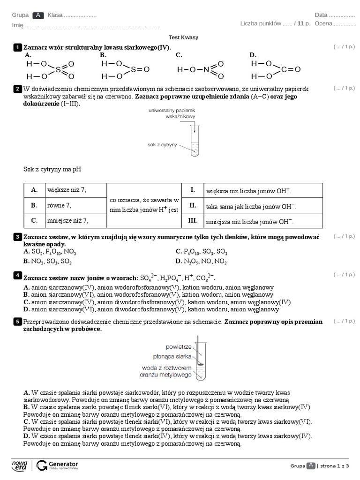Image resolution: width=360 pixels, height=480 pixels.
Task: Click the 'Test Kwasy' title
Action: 180,37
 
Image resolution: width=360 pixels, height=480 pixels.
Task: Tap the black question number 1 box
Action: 17,47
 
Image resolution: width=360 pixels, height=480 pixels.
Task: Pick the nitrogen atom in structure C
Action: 206,69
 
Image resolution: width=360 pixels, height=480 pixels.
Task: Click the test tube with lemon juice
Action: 195,141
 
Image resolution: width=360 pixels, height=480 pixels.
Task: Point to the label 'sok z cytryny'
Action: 162,145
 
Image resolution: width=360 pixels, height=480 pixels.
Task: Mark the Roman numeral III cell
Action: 192,220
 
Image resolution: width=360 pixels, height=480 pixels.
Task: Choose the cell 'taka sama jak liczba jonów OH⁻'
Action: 251,206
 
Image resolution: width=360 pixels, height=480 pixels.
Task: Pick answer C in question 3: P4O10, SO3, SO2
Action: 202,251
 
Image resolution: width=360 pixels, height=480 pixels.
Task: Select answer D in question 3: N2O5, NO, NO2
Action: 202,261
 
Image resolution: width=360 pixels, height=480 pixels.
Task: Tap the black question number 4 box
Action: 17,275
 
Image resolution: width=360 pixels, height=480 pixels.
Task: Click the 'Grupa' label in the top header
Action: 20,15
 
